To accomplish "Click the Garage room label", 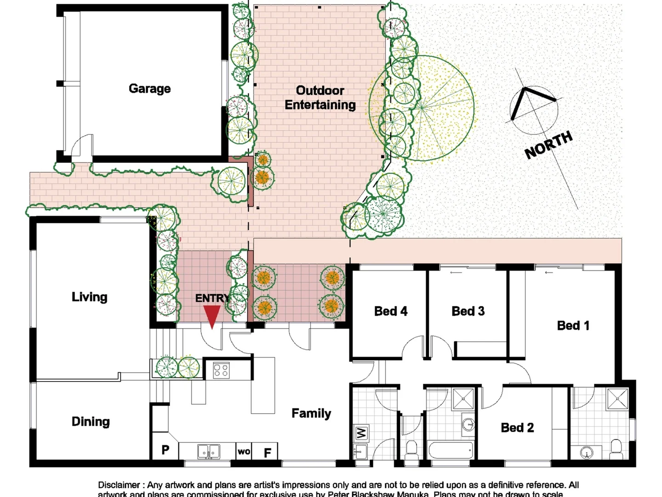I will pyautogui.click(x=149, y=88).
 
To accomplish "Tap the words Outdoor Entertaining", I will pyautogui.click(x=320, y=98).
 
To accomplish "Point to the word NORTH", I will pyautogui.click(x=548, y=144).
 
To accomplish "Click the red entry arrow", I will pyautogui.click(x=212, y=317).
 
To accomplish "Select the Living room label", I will pyautogui.click(x=89, y=297).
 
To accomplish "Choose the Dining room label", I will pyautogui.click(x=91, y=422).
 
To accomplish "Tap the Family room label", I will pyautogui.click(x=311, y=413).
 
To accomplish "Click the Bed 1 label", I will pyautogui.click(x=573, y=325).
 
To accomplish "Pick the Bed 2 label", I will pyautogui.click(x=517, y=428).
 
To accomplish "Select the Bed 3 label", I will pyautogui.click(x=468, y=311).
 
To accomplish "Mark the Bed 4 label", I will pyautogui.click(x=391, y=311).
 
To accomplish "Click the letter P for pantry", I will pyautogui.click(x=165, y=450).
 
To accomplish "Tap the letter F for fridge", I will pyautogui.click(x=267, y=453).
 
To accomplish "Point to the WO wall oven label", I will pyautogui.click(x=244, y=451).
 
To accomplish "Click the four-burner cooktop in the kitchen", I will pyautogui.click(x=221, y=370).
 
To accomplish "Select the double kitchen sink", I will pyautogui.click(x=209, y=452).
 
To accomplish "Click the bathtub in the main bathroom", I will pyautogui.click(x=450, y=450).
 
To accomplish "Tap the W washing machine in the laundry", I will pyautogui.click(x=361, y=433).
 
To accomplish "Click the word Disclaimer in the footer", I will pyautogui.click(x=119, y=485).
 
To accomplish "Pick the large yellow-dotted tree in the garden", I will pyautogui.click(x=422, y=108).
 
